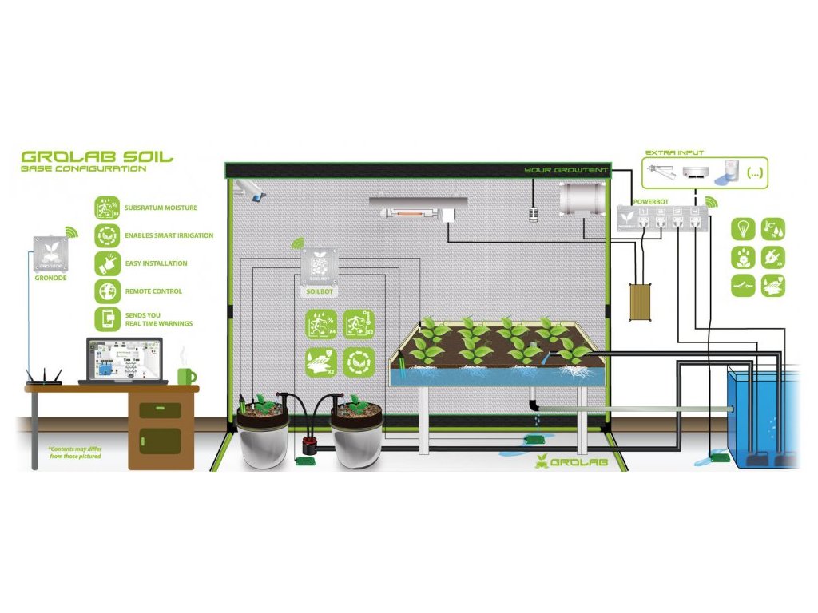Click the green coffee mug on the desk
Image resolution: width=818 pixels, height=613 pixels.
pos(185,374)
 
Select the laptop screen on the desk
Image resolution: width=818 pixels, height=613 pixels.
pos(124,358)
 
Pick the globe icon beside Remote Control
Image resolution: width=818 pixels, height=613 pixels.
pos(106,291)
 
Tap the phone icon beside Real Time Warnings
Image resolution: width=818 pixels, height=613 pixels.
pos(106,319)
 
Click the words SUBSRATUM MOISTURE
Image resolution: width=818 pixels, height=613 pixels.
pos(161,208)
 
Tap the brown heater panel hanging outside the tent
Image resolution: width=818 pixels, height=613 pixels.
pos(641,303)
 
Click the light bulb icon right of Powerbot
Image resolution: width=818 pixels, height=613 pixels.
pos(745,230)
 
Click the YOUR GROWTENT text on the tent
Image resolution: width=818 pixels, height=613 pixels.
pos(566,170)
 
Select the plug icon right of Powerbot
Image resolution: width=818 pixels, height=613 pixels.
pos(772,257)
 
